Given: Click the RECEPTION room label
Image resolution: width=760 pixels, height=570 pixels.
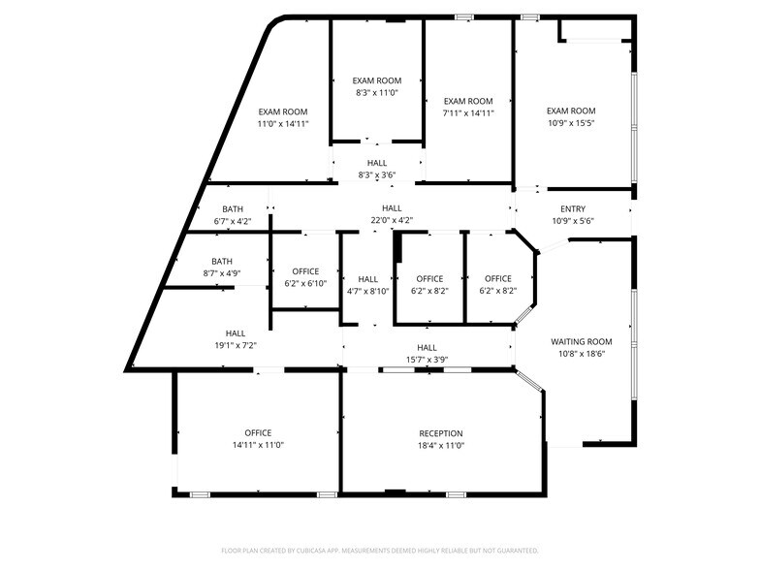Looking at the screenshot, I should pyautogui.click(x=441, y=433).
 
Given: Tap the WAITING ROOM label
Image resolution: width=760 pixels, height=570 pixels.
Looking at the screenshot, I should pyautogui.click(x=582, y=341).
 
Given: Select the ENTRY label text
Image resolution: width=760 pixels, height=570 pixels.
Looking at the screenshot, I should pyautogui.click(x=573, y=209).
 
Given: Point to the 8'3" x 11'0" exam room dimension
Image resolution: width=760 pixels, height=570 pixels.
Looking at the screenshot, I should pyautogui.click(x=377, y=92).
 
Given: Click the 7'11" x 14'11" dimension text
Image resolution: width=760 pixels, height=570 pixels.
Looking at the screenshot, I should pyautogui.click(x=468, y=112).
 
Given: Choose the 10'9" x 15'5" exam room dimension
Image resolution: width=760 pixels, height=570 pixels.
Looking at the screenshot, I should pyautogui.click(x=570, y=123).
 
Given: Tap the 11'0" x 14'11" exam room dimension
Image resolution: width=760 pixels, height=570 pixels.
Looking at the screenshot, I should pyautogui.click(x=283, y=124).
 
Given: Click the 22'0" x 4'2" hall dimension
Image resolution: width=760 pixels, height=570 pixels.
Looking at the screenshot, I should pyautogui.click(x=392, y=220).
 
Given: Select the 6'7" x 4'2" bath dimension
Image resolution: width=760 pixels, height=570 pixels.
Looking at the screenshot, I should pyautogui.click(x=233, y=221).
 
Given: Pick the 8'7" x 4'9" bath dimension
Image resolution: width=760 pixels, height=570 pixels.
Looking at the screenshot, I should pyautogui.click(x=222, y=273).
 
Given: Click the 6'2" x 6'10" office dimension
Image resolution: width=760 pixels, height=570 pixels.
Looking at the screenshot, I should pyautogui.click(x=305, y=283).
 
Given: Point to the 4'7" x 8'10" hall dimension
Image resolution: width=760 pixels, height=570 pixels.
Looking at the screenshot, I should pyautogui.click(x=367, y=291).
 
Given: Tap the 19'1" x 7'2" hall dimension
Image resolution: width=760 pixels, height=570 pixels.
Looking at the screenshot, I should pyautogui.click(x=236, y=345).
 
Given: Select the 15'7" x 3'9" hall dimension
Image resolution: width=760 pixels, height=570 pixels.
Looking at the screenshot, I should pyautogui.click(x=427, y=360).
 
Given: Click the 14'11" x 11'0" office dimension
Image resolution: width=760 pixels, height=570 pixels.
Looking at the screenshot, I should pyautogui.click(x=258, y=445).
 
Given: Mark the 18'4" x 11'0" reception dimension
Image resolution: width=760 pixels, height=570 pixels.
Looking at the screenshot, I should pyautogui.click(x=441, y=445).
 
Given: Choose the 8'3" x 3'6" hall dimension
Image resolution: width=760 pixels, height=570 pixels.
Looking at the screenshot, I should pyautogui.click(x=377, y=175).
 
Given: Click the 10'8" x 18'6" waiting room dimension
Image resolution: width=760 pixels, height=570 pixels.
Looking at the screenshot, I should pyautogui.click(x=582, y=354).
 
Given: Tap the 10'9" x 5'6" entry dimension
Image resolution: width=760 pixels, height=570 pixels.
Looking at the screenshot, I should pyautogui.click(x=573, y=221).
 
